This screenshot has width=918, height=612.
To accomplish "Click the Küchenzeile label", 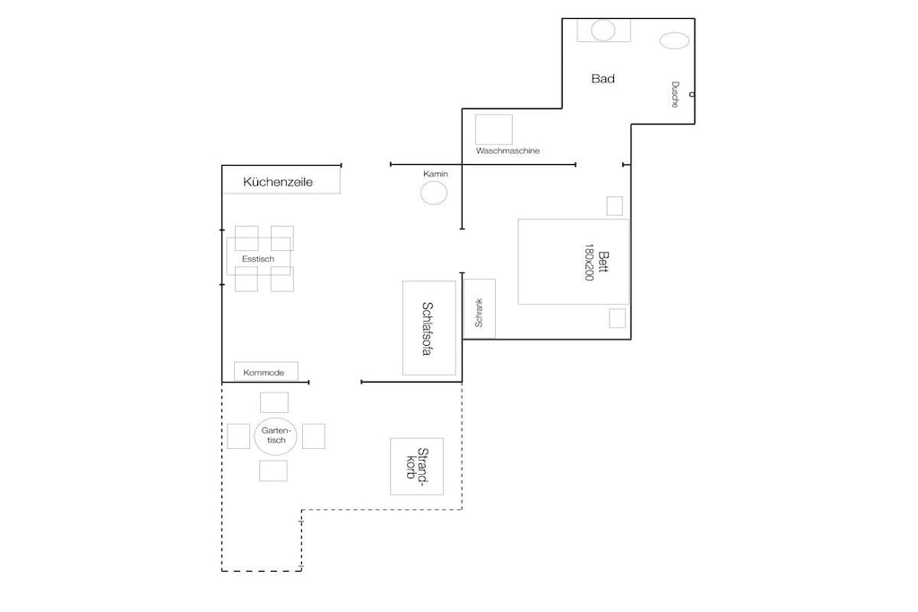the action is click(x=278, y=182).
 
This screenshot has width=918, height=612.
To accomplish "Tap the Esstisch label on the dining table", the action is click(x=258, y=259).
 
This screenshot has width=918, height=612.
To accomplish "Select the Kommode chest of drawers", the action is click(x=266, y=372).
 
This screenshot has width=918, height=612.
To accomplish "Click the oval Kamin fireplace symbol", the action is click(x=434, y=193).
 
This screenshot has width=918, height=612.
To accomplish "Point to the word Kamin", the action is click(x=436, y=174).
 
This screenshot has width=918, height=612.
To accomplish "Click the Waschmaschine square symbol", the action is click(x=494, y=129).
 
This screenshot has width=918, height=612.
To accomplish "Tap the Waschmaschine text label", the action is click(x=507, y=151).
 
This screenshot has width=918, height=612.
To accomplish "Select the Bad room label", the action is click(x=603, y=78).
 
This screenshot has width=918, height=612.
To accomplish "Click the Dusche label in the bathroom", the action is click(x=675, y=94).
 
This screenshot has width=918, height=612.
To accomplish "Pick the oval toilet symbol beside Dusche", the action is click(x=674, y=40).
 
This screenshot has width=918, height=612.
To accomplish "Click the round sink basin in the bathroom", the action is click(x=603, y=30).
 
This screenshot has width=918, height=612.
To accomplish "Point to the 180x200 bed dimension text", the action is click(x=589, y=263).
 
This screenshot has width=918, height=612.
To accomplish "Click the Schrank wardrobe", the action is click(x=480, y=308).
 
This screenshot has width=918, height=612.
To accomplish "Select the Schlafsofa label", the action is click(x=428, y=329).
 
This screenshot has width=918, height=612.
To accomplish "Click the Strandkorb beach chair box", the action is click(x=417, y=466).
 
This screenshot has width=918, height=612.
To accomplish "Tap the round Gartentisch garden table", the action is click(x=276, y=435).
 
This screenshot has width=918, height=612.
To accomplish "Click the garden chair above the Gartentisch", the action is click(x=274, y=402).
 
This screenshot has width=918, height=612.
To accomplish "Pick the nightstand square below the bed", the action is click(x=617, y=318).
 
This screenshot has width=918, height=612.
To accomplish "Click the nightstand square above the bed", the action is click(x=615, y=206).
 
